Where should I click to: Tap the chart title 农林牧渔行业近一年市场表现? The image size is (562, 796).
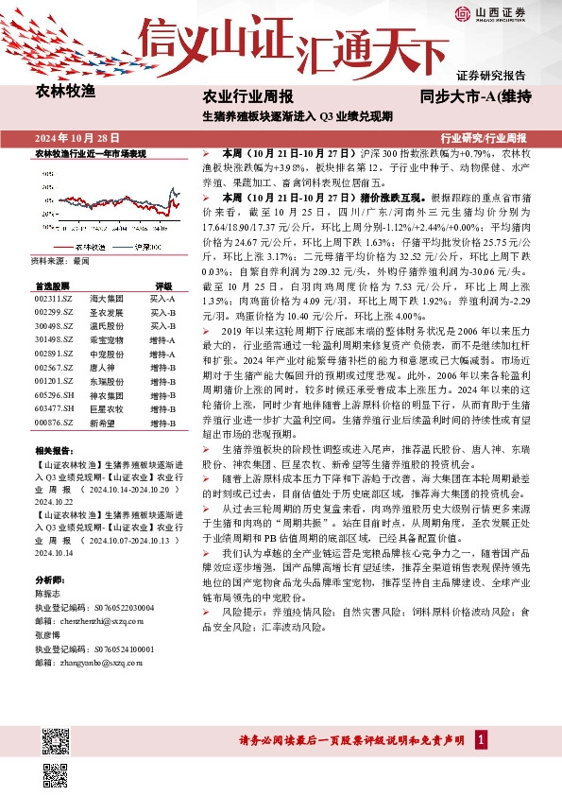91,153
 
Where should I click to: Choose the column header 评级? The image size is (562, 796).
163,286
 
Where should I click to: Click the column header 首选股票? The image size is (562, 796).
51,286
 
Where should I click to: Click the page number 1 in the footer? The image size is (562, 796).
482,739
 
